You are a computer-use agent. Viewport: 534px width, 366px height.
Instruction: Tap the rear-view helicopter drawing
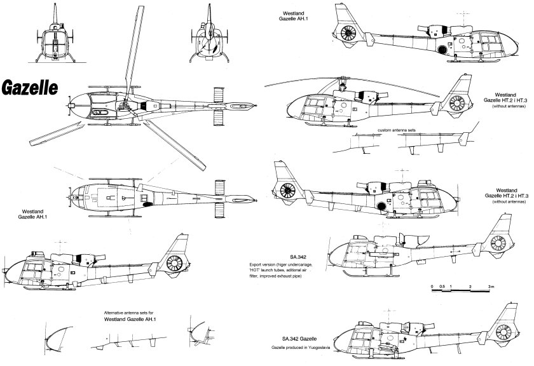click(210, 36)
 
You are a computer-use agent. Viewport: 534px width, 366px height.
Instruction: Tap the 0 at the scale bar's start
click(432, 287)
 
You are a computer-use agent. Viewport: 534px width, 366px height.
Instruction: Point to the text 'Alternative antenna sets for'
click(133, 313)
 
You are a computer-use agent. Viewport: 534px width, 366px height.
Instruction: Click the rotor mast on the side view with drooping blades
click(343, 83)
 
